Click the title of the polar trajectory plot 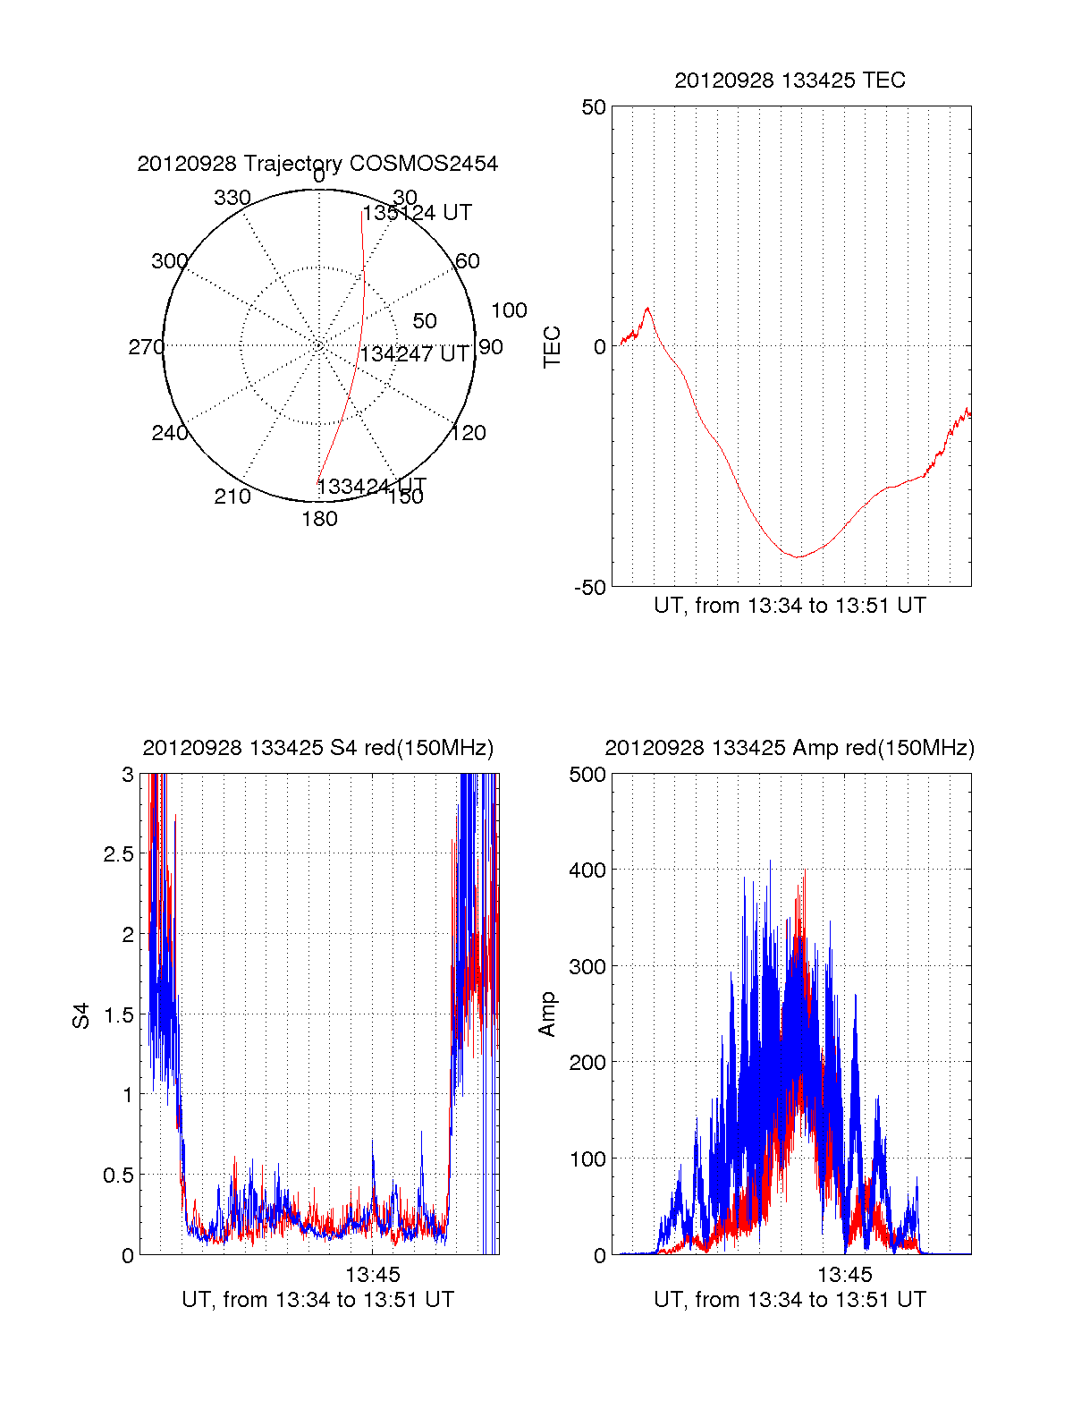tap(317, 164)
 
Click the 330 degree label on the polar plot tap(232, 198)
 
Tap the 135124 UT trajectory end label tap(418, 213)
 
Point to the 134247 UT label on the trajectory tap(414, 354)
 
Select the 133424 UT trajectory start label tap(372, 487)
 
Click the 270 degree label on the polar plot tap(146, 347)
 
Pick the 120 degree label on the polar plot tap(469, 433)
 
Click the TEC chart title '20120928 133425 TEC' tap(790, 81)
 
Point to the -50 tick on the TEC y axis tap(589, 587)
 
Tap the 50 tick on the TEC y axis tap(594, 107)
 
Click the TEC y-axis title tap(553, 347)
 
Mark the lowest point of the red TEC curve tap(798, 556)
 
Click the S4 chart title tap(317, 748)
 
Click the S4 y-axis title tap(81, 1015)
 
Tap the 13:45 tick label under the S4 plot tap(373, 1274)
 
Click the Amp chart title tap(790, 748)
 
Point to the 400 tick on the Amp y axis tap(587, 870)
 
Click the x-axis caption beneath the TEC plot tap(790, 606)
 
